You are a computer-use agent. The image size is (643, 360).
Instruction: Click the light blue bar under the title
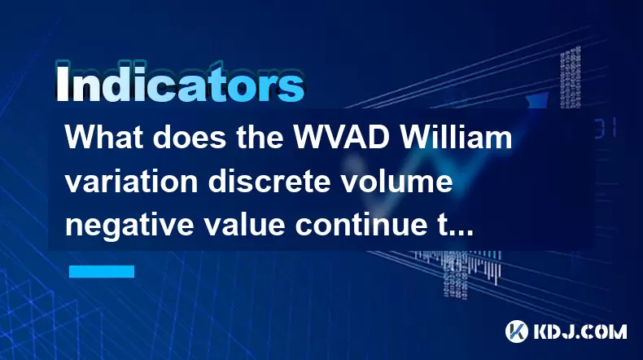102,271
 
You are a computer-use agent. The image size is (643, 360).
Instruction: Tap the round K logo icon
517,331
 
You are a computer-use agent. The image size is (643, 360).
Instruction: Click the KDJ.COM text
580,331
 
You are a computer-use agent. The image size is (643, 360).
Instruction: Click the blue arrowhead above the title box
537,100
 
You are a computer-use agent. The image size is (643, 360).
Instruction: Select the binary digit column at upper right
571,77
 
